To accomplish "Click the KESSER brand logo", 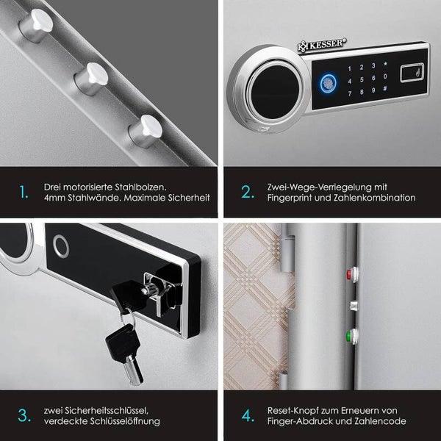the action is [322, 45].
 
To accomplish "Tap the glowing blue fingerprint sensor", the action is [329, 84].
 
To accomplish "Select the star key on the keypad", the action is [385, 64].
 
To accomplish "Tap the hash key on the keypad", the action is [385, 89].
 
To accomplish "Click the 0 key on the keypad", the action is [385, 76].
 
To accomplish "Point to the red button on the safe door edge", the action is [352, 274].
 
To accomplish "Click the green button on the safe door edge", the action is [352, 336].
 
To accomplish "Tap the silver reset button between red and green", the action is [354, 306].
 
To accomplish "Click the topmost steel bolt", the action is [36, 25].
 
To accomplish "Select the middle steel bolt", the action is [91, 79].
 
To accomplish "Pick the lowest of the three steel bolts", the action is [146, 131].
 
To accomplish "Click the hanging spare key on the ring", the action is [126, 354].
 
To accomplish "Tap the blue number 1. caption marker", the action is [24, 193].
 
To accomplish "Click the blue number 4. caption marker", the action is [248, 416].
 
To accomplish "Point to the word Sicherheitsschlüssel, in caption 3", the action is [96, 411].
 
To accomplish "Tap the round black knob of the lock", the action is [275, 92].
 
